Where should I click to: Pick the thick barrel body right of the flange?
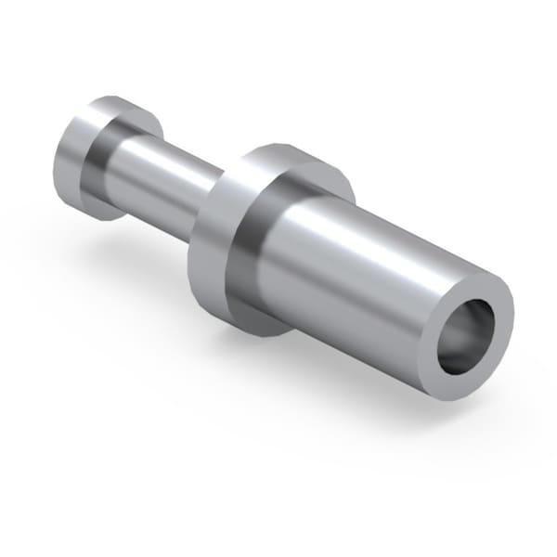[362, 278]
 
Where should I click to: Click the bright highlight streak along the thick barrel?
[371, 246]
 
